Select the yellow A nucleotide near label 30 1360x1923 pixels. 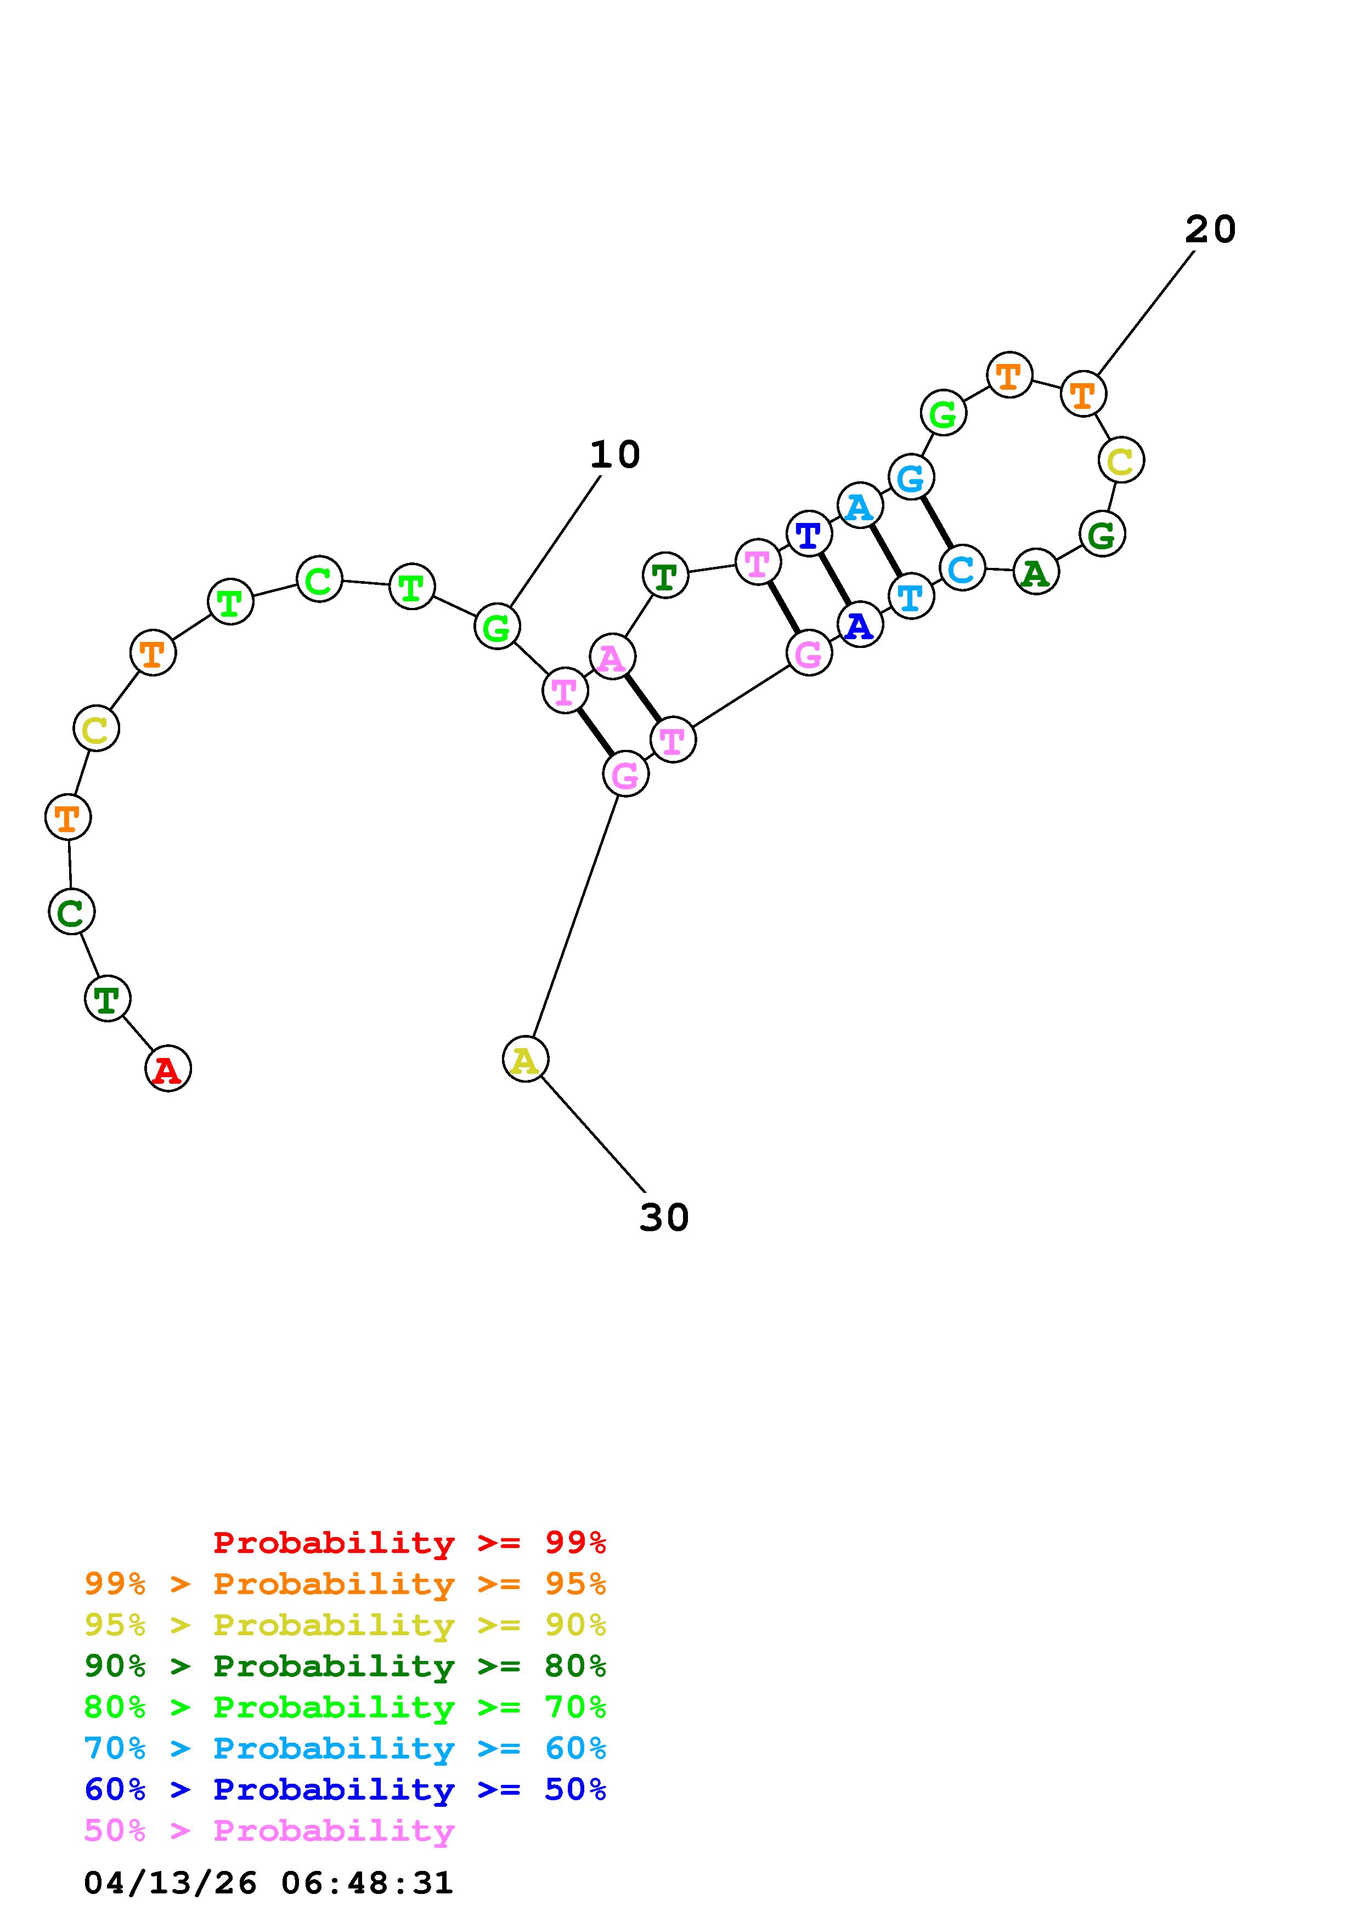[x=526, y=1060]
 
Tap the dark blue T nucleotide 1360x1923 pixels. [x=809, y=533]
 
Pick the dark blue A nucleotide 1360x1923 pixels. [x=860, y=625]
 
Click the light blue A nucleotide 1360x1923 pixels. [x=860, y=506]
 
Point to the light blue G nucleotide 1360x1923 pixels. [x=911, y=478]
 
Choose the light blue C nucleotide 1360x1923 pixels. [x=962, y=568]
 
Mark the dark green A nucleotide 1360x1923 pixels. [x=1036, y=573]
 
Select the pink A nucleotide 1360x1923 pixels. [x=613, y=657]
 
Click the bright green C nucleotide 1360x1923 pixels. [x=319, y=579]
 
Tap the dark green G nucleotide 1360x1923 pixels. [x=1102, y=534]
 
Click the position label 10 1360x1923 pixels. [x=614, y=455]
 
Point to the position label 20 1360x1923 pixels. [x=1210, y=229]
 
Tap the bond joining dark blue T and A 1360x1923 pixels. [x=834, y=579]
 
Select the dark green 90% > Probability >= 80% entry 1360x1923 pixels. [x=345, y=1666]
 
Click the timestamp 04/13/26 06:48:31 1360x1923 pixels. [x=268, y=1883]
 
